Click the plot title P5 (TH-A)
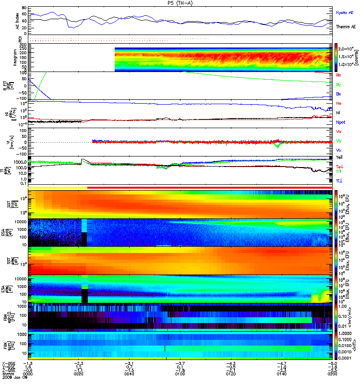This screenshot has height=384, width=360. (x=180, y=3)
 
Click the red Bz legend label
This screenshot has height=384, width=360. (x=338, y=75)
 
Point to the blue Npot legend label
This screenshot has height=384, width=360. (x=340, y=122)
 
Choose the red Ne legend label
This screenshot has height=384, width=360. (x=338, y=104)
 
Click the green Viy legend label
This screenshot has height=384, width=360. (x=338, y=141)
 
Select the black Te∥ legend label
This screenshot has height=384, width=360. (x=339, y=157)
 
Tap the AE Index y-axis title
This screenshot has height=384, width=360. (x=18, y=21)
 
